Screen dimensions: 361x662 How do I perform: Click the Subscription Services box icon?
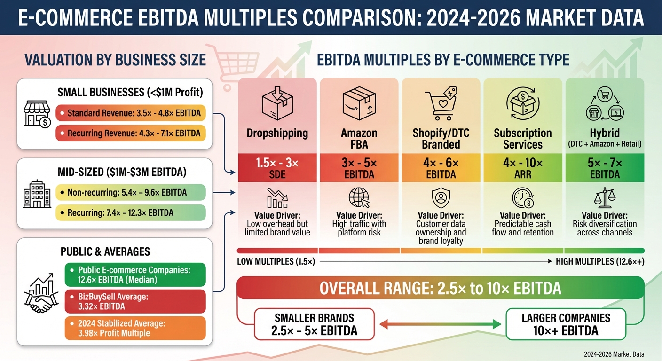[x=522, y=101]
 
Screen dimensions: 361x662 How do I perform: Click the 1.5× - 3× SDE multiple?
[x=277, y=168]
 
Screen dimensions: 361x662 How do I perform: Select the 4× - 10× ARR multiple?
[x=522, y=168]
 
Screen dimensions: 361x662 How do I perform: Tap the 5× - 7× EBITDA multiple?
[x=605, y=168]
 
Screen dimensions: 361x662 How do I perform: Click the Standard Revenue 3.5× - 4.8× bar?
[x=130, y=113]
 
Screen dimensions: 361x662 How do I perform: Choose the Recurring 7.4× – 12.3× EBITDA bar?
[x=130, y=213]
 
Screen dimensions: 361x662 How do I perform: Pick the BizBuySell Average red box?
[x=135, y=302]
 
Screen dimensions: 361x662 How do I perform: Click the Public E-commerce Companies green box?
[x=135, y=275]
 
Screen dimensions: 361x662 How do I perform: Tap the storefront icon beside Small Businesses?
[x=37, y=114]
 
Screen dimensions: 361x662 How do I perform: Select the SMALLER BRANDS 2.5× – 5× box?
[x=314, y=324]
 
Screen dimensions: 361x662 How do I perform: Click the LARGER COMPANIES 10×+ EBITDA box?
[x=566, y=324]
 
